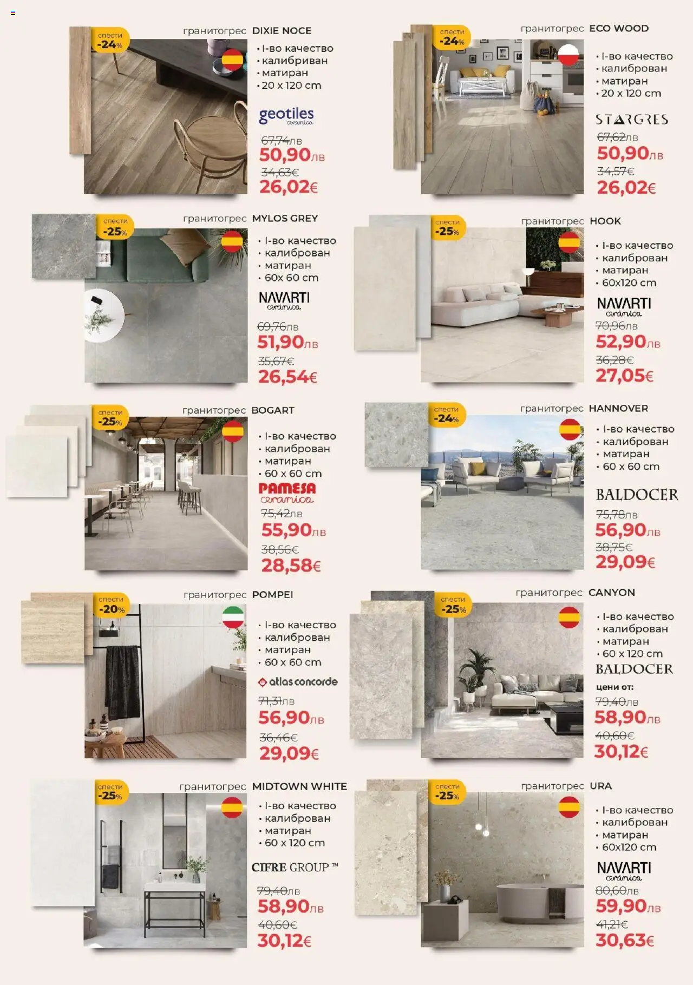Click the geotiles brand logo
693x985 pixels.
(x=286, y=116)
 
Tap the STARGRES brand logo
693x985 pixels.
(x=631, y=120)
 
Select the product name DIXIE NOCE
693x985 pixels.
(x=282, y=31)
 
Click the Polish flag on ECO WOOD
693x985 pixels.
(x=568, y=55)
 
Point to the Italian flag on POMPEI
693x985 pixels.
(x=233, y=617)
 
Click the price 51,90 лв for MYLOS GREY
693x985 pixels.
(x=287, y=342)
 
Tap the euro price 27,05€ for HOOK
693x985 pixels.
(x=624, y=375)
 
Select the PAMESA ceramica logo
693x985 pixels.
(x=287, y=493)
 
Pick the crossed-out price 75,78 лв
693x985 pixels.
(x=617, y=514)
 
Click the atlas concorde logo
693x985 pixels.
(x=298, y=682)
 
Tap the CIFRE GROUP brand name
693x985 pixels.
(x=295, y=867)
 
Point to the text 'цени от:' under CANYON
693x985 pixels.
(x=614, y=687)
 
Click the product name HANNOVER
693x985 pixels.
(x=618, y=408)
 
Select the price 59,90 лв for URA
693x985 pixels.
(x=627, y=906)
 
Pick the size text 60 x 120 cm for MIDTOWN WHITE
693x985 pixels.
(x=294, y=843)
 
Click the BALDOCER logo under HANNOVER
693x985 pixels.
(x=637, y=495)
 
